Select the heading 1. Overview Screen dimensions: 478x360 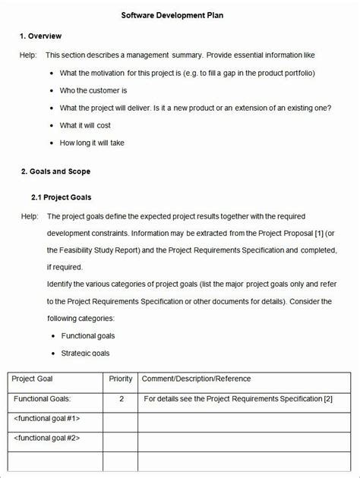click(41, 36)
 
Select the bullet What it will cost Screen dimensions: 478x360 click(85, 125)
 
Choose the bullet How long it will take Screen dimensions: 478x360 click(92, 143)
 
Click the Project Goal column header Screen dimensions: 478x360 click(33, 379)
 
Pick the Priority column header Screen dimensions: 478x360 click(121, 379)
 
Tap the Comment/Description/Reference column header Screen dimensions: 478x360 click(196, 379)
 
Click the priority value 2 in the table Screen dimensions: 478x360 click(122, 398)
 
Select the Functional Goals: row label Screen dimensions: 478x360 click(43, 398)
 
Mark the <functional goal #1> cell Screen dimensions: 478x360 click(47, 418)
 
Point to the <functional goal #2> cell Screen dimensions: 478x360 click(47, 438)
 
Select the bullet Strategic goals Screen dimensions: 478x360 click(85, 353)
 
